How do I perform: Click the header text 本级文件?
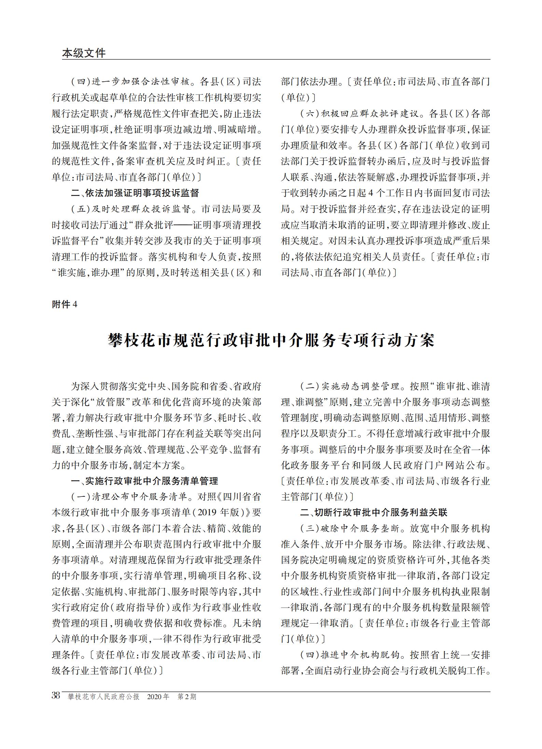(x=84, y=53)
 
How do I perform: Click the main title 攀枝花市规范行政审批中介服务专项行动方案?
(x=271, y=340)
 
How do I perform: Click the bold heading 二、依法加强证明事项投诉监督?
(x=135, y=193)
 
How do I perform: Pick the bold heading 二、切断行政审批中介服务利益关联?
(x=374, y=513)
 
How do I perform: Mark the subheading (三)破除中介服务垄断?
(x=350, y=529)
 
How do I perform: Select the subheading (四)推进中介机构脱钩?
(x=350, y=655)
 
